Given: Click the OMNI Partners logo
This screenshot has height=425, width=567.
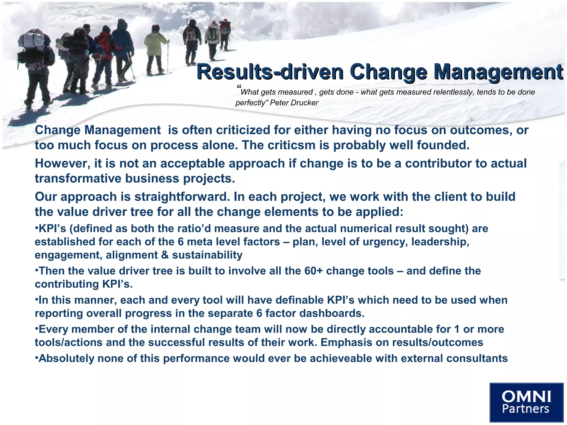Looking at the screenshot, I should (526, 402).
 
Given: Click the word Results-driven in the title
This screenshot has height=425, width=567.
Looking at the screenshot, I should (270, 71).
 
